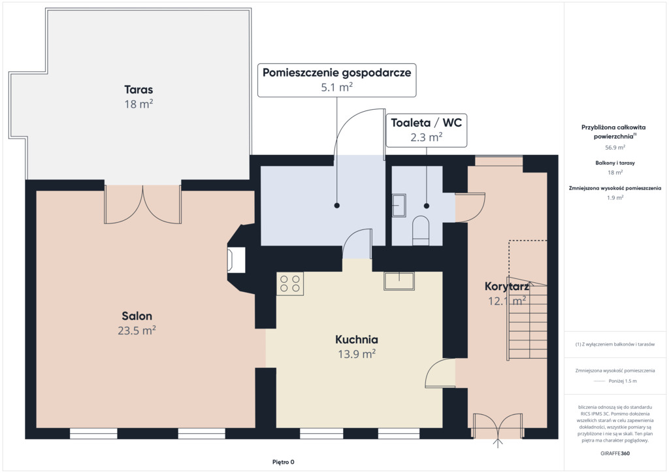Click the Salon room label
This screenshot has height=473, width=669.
point(137,316)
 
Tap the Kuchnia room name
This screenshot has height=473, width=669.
point(357,340)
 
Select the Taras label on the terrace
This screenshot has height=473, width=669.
point(139,90)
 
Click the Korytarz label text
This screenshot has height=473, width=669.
point(507,286)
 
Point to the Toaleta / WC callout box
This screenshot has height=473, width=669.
point(426,130)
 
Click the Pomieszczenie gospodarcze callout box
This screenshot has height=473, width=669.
point(336,80)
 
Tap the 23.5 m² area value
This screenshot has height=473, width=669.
point(137,331)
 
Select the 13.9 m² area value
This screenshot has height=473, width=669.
point(357,354)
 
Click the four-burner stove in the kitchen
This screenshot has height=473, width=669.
point(290,284)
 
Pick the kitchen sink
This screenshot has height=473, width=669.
point(399,282)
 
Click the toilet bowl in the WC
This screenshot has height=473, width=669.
point(421,231)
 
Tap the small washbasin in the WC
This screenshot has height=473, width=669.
point(399,206)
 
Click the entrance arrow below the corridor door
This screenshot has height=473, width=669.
point(497,443)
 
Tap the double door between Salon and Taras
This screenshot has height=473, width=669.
point(143,204)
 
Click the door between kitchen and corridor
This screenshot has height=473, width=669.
point(441,373)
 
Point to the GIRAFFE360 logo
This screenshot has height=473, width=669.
point(615,453)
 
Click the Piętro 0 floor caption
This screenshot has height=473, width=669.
point(284,462)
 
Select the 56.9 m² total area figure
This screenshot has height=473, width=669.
point(615,148)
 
